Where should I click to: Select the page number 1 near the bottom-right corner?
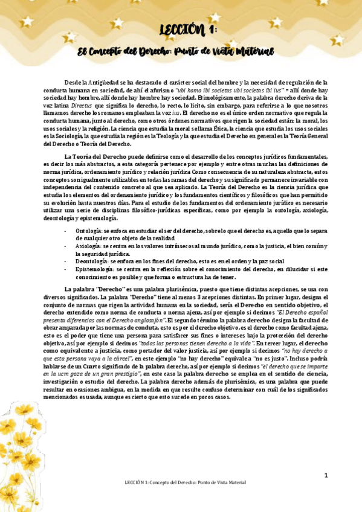[x=326, y=475]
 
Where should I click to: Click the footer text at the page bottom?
[x=181, y=482]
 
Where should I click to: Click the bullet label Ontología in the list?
[x=89, y=231]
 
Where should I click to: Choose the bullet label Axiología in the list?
[x=89, y=246]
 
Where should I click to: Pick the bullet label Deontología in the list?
[x=92, y=261]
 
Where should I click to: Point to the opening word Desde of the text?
[x=72, y=82]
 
